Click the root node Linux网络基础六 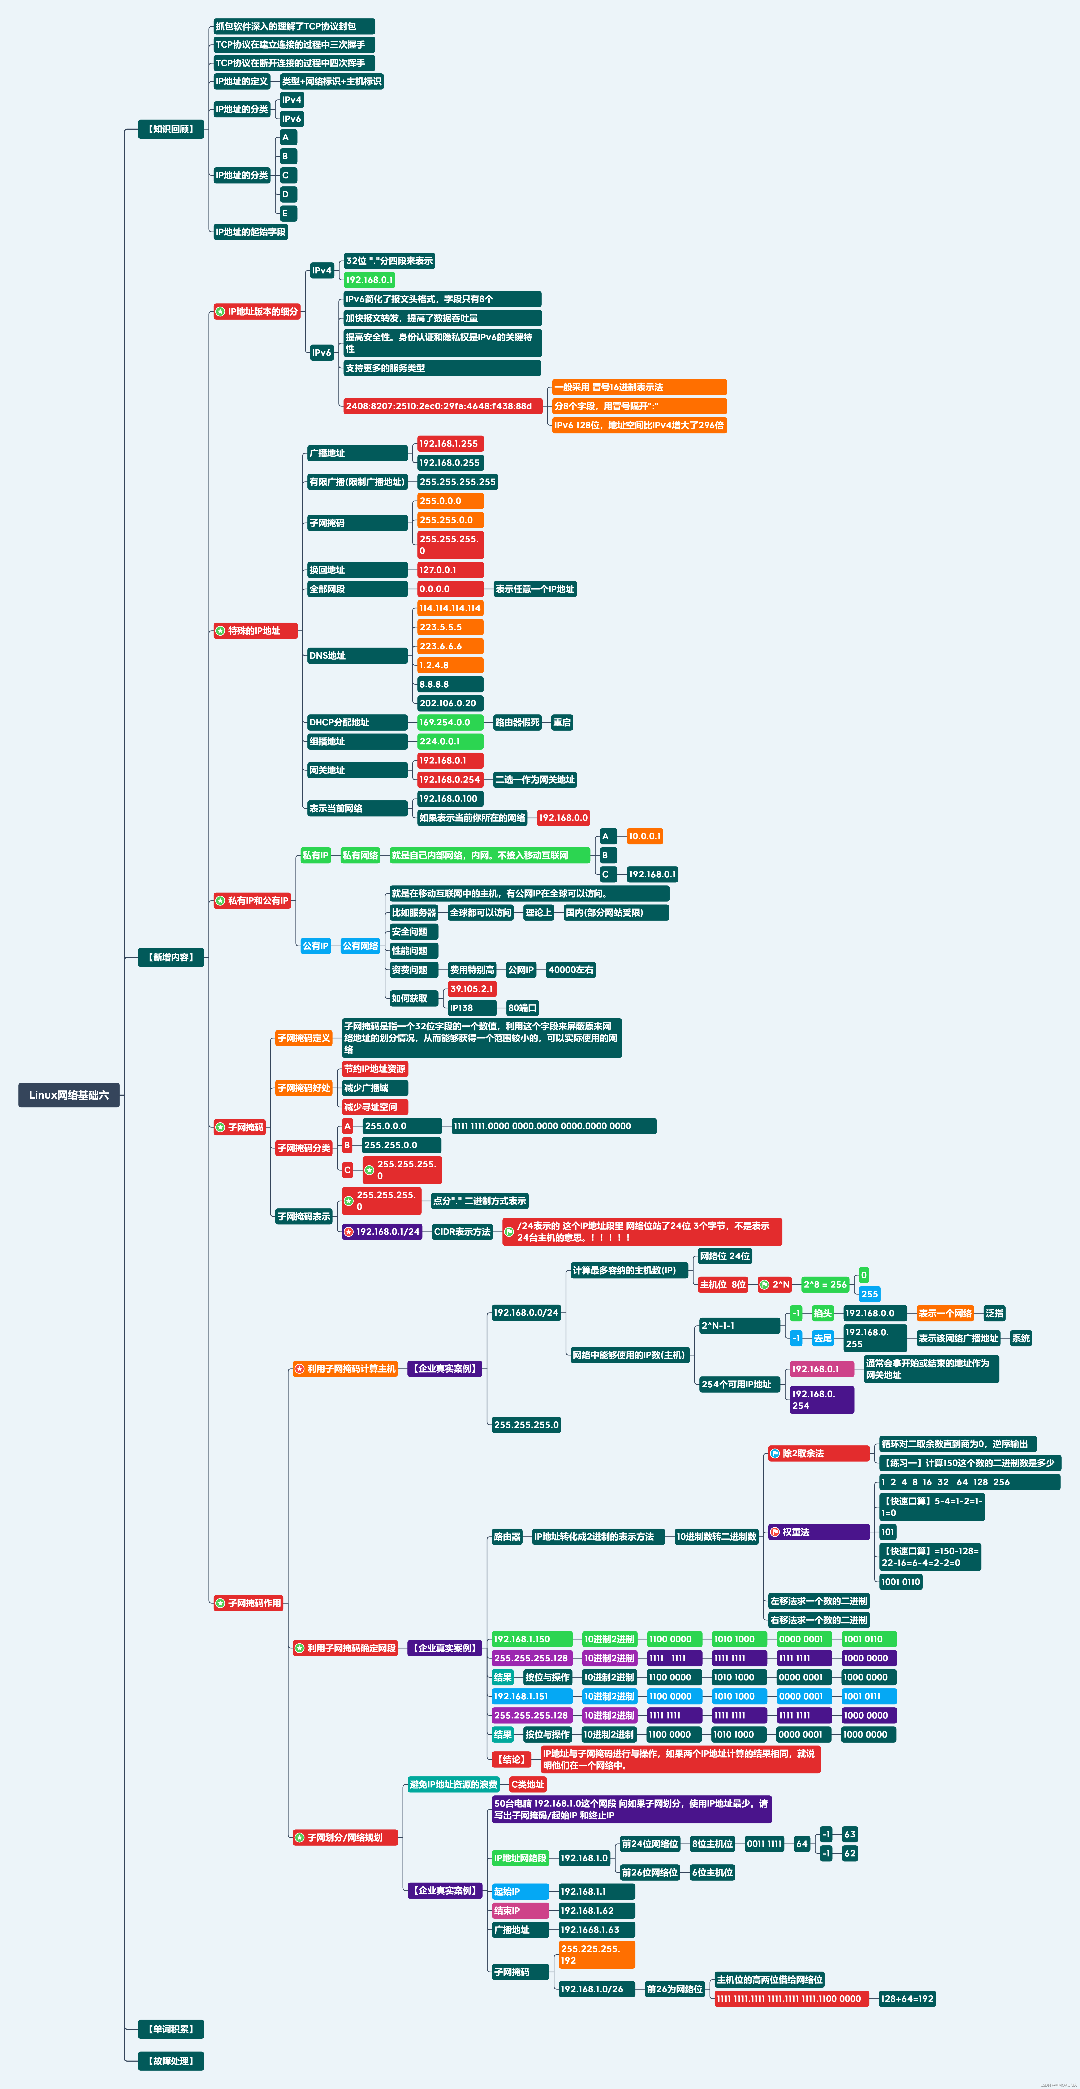[69, 1095]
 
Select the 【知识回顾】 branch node [171, 129]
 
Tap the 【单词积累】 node [171, 2029]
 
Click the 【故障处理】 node [171, 2061]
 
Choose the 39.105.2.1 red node [472, 989]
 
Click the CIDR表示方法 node [462, 1232]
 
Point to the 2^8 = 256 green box [825, 1285]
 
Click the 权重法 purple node [819, 1532]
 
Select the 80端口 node [522, 1008]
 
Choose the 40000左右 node [571, 970]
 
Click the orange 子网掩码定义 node [304, 1038]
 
